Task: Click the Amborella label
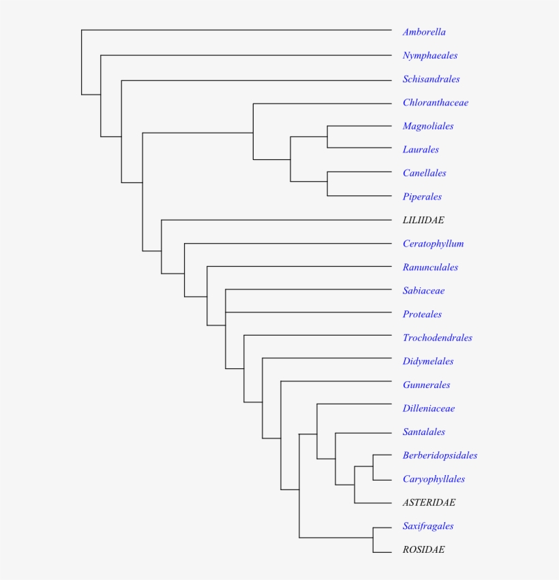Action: tap(424, 32)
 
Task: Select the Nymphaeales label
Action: tap(430, 56)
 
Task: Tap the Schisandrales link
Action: tap(432, 79)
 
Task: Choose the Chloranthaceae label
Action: tap(436, 103)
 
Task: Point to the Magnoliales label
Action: tap(428, 127)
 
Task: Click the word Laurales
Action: tap(421, 150)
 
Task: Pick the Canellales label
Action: tap(425, 173)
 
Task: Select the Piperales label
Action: tap(422, 197)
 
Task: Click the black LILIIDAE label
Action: tap(423, 221)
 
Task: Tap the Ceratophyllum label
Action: tap(434, 244)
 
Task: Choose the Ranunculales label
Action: tap(430, 268)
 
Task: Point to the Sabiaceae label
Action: tap(424, 291)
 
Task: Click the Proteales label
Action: tap(422, 315)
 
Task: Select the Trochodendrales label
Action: tap(438, 338)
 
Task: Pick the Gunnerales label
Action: tap(426, 385)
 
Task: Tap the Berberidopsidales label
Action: tap(440, 455)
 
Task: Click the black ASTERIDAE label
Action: tap(429, 502)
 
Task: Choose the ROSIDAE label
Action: tap(424, 549)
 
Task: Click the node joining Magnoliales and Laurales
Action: tap(327, 137)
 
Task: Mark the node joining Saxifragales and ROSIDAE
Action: tap(373, 538)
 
